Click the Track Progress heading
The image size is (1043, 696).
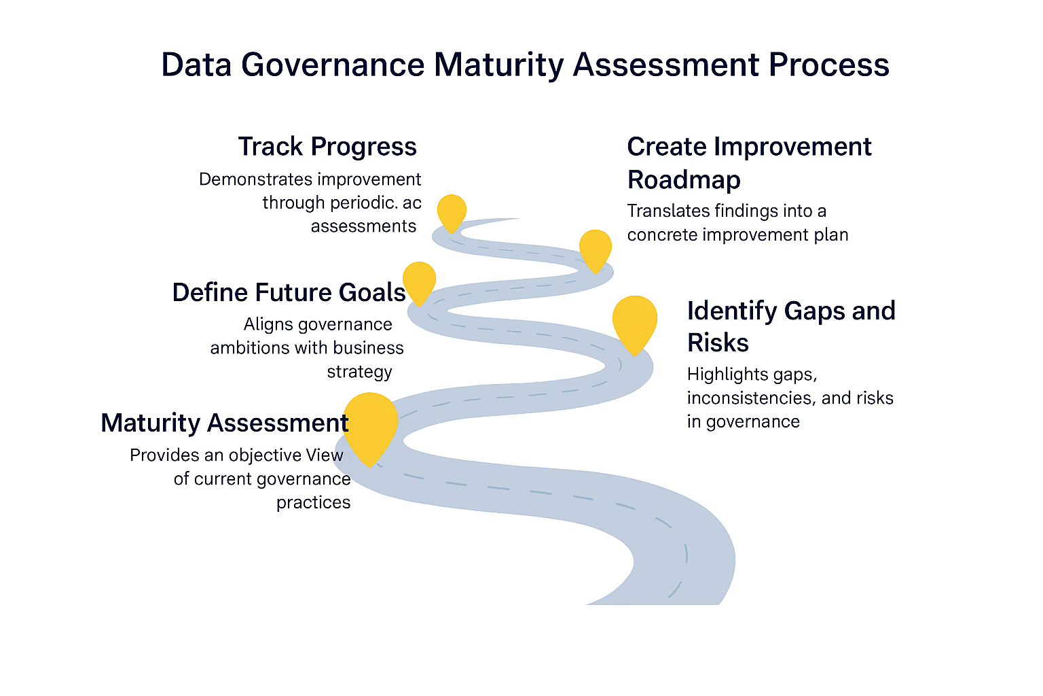click(x=327, y=147)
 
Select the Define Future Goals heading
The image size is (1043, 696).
click(x=289, y=292)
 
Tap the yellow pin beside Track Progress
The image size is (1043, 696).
click(x=452, y=211)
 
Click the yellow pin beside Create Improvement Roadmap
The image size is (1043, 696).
click(x=596, y=248)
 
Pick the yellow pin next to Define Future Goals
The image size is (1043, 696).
click(x=419, y=281)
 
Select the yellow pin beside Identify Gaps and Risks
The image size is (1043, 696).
click(x=634, y=321)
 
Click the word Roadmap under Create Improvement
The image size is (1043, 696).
click(x=684, y=180)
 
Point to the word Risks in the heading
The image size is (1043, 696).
click(x=718, y=343)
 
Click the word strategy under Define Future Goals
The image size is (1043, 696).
click(x=359, y=372)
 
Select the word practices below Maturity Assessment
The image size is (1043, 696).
click(x=313, y=503)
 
